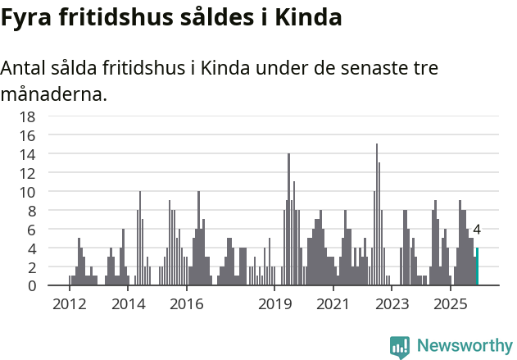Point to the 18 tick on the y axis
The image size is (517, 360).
[x=28, y=116]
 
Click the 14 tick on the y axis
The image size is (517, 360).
[x=28, y=154]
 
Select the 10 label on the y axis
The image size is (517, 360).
[x=28, y=192]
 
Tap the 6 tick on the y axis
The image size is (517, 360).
[x=31, y=230]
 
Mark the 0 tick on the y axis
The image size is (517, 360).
[x=31, y=286]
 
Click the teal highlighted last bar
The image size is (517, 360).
[x=477, y=267]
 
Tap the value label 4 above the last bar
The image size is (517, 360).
[x=477, y=230]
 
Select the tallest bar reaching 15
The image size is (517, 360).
[x=377, y=215]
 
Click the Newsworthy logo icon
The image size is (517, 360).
[x=400, y=347]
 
